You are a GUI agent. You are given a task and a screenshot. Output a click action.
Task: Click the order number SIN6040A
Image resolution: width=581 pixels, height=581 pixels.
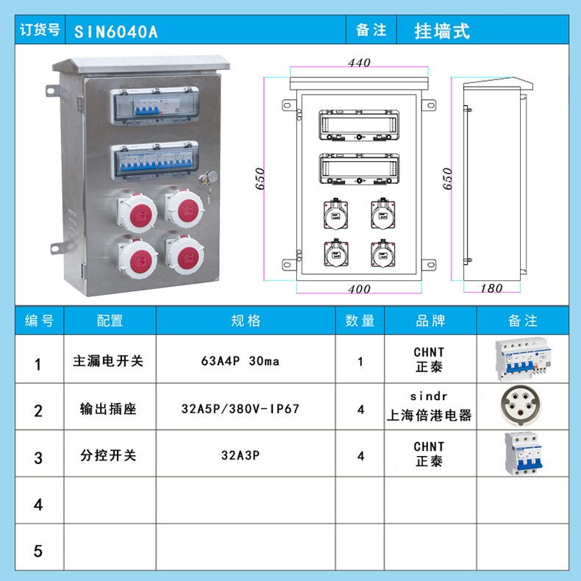click(116, 32)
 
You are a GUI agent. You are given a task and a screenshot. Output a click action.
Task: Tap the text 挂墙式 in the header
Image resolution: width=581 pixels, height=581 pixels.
click(442, 31)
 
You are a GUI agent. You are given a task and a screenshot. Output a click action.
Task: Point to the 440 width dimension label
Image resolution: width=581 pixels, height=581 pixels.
click(359, 63)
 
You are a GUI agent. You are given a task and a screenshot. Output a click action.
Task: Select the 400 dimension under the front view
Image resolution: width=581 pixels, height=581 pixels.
click(359, 288)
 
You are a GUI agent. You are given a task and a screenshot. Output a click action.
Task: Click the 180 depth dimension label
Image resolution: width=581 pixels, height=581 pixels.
click(491, 288)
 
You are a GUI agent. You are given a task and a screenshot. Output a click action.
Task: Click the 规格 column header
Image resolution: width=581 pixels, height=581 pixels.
click(246, 321)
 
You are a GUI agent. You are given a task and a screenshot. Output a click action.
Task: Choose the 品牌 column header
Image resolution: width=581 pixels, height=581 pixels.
click(430, 321)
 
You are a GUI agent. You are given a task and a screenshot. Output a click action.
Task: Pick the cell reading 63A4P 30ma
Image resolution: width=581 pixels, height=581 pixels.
click(240, 361)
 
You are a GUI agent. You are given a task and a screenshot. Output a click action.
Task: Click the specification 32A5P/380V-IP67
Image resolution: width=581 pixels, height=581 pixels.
click(240, 409)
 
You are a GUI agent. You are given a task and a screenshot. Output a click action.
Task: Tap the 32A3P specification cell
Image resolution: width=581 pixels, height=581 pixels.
click(240, 455)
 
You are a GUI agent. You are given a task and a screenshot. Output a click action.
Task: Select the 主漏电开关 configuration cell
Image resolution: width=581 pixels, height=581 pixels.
click(108, 360)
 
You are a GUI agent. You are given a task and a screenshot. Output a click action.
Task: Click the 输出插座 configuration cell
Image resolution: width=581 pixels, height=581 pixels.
click(108, 409)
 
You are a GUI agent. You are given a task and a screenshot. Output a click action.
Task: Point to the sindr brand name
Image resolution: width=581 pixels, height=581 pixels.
click(429, 396)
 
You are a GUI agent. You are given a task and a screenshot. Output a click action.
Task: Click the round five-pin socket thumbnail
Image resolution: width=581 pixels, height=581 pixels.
click(520, 406)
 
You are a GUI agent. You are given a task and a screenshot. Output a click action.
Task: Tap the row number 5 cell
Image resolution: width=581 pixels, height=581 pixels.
click(38, 551)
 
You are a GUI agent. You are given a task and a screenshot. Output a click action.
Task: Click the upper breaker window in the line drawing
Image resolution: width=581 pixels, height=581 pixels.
click(359, 125)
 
